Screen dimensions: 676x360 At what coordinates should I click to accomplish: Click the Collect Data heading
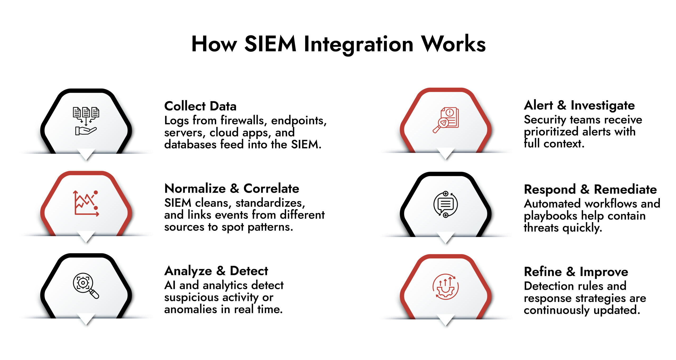click(200, 106)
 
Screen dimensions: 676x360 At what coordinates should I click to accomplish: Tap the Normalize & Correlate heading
click(232, 189)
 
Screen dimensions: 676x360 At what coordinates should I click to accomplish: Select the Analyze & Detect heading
click(216, 271)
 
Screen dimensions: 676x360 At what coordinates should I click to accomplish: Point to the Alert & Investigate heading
click(579, 105)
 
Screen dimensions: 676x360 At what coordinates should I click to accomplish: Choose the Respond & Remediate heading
click(590, 189)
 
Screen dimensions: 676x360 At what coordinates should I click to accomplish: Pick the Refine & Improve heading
click(576, 272)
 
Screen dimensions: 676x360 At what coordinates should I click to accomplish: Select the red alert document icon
click(446, 120)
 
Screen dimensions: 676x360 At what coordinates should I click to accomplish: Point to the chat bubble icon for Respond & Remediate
click(446, 204)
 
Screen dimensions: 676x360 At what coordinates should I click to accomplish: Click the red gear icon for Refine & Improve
click(446, 287)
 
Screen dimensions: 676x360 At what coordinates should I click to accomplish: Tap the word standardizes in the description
click(270, 203)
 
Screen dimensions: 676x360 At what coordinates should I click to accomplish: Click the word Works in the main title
click(453, 44)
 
